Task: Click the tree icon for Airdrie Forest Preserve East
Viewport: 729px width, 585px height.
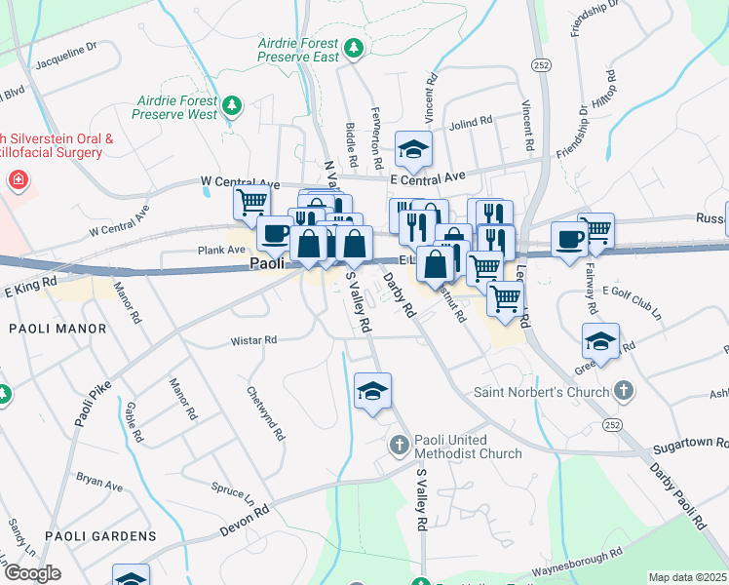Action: click(x=354, y=47)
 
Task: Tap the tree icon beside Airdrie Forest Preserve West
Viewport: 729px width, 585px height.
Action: click(x=232, y=104)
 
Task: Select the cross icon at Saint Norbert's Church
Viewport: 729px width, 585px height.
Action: click(x=624, y=392)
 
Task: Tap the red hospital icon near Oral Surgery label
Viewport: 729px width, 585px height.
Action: click(x=17, y=180)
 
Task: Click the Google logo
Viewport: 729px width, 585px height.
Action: click(x=31, y=573)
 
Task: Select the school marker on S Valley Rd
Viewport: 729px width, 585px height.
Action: click(x=372, y=390)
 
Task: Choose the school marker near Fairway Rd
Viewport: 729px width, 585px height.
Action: click(x=600, y=340)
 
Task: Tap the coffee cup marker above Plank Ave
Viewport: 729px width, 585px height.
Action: click(x=275, y=233)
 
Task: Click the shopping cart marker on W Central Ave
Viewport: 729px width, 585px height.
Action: click(x=251, y=202)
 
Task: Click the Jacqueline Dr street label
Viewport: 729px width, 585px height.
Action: click(x=66, y=58)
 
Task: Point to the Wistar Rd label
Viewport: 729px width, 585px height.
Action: click(x=253, y=341)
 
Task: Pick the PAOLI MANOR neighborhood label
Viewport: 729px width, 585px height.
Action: click(x=58, y=329)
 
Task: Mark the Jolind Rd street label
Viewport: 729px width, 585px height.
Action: click(x=472, y=125)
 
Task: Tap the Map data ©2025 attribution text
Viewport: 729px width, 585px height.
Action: click(x=686, y=577)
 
